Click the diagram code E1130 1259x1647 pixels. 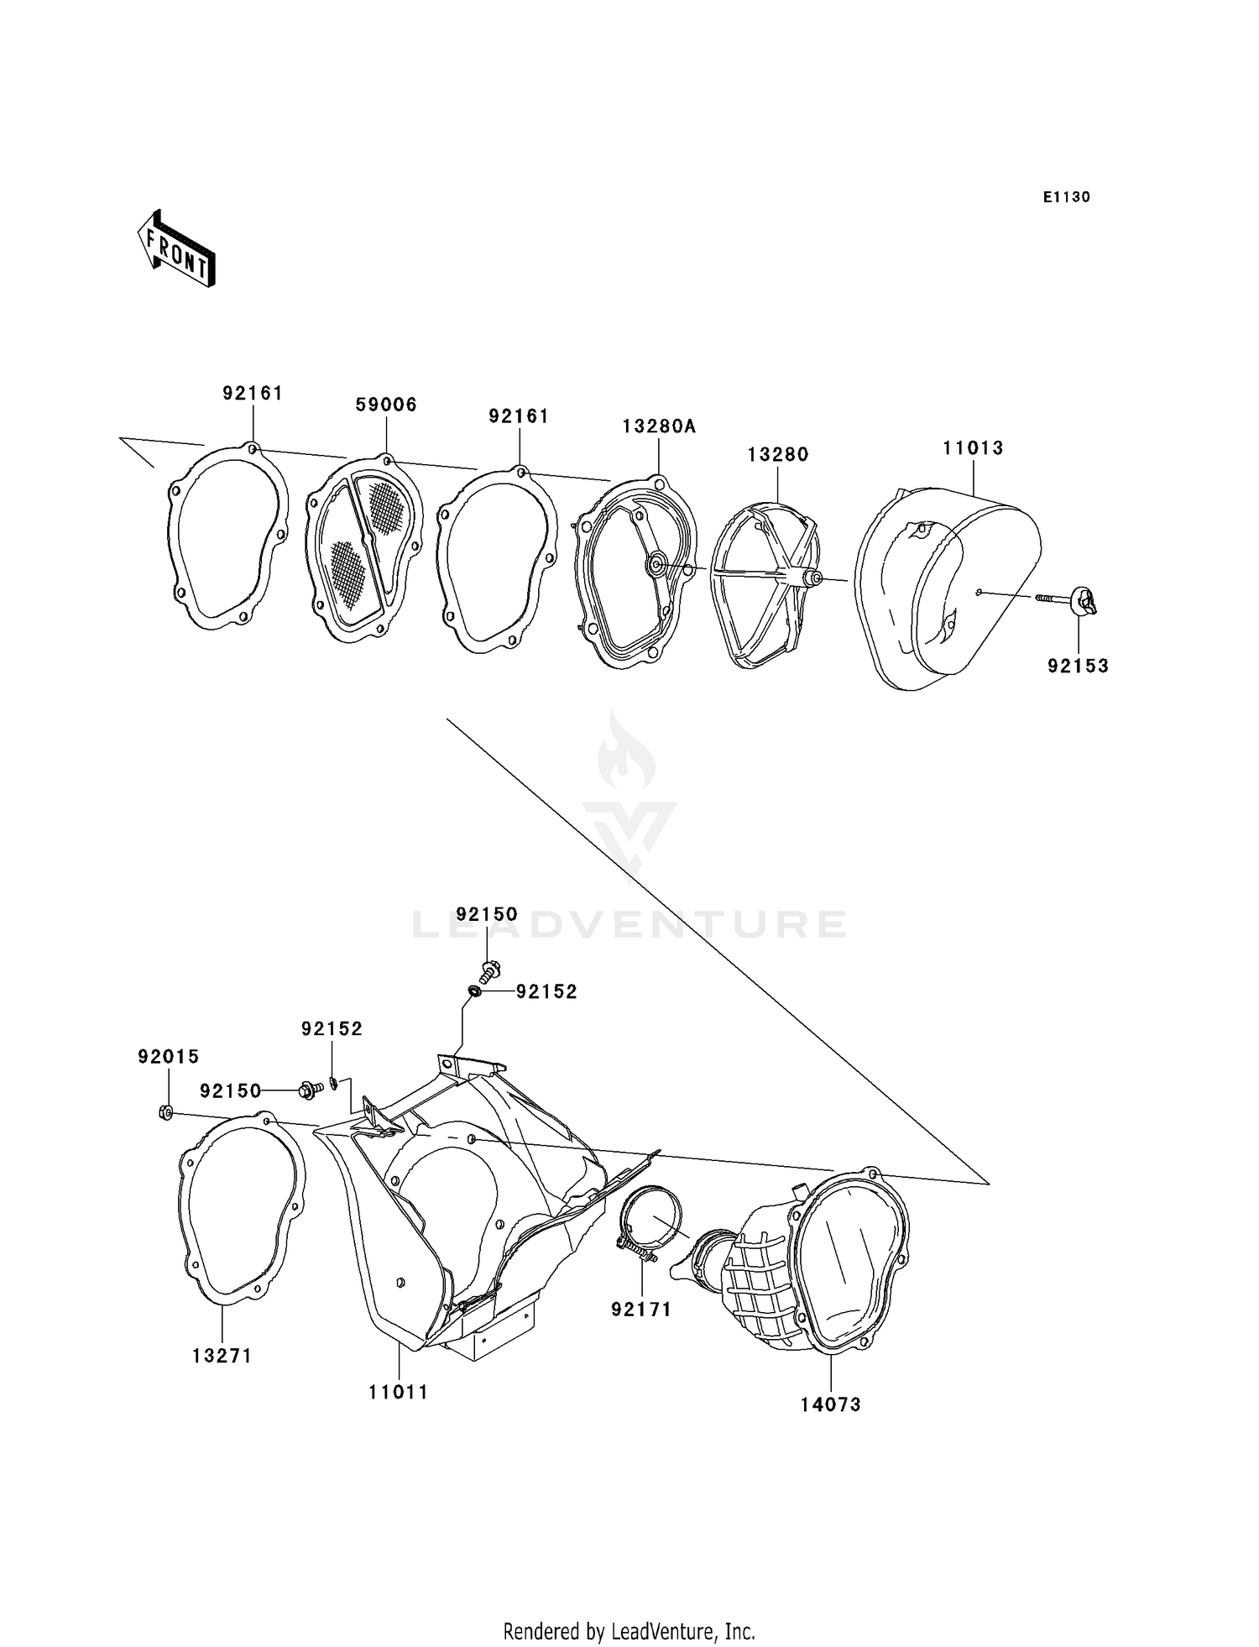tap(1066, 197)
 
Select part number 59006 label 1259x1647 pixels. tap(386, 405)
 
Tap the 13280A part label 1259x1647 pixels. tap(659, 426)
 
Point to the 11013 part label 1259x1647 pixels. tap(973, 448)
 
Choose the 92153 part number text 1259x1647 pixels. tap(1078, 666)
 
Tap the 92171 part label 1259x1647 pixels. tap(641, 1309)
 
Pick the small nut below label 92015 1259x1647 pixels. tap(166, 1113)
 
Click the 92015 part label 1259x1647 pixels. tap(169, 1057)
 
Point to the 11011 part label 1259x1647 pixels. tap(398, 1392)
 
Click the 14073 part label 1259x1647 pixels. tap(830, 1404)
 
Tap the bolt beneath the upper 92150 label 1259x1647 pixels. tap(489, 971)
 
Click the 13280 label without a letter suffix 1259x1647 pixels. tap(778, 454)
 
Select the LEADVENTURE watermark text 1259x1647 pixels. tap(629, 924)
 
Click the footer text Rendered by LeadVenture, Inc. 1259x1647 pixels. tap(629, 1631)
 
